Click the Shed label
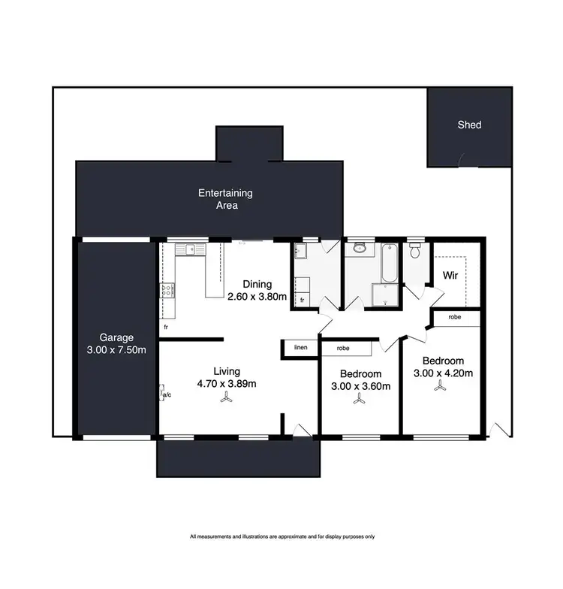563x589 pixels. (x=469, y=125)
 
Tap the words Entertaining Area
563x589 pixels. (x=225, y=199)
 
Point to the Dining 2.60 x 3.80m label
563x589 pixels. (x=257, y=291)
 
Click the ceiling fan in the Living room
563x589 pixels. (x=226, y=400)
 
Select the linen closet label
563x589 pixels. (x=301, y=348)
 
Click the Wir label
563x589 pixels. (x=450, y=276)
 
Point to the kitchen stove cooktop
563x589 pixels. (x=167, y=289)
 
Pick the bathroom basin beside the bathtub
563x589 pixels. (x=359, y=247)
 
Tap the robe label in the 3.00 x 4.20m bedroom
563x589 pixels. (x=454, y=317)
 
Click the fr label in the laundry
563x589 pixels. (x=302, y=300)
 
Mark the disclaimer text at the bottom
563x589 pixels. (x=281, y=536)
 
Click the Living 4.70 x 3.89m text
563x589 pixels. (x=226, y=377)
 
